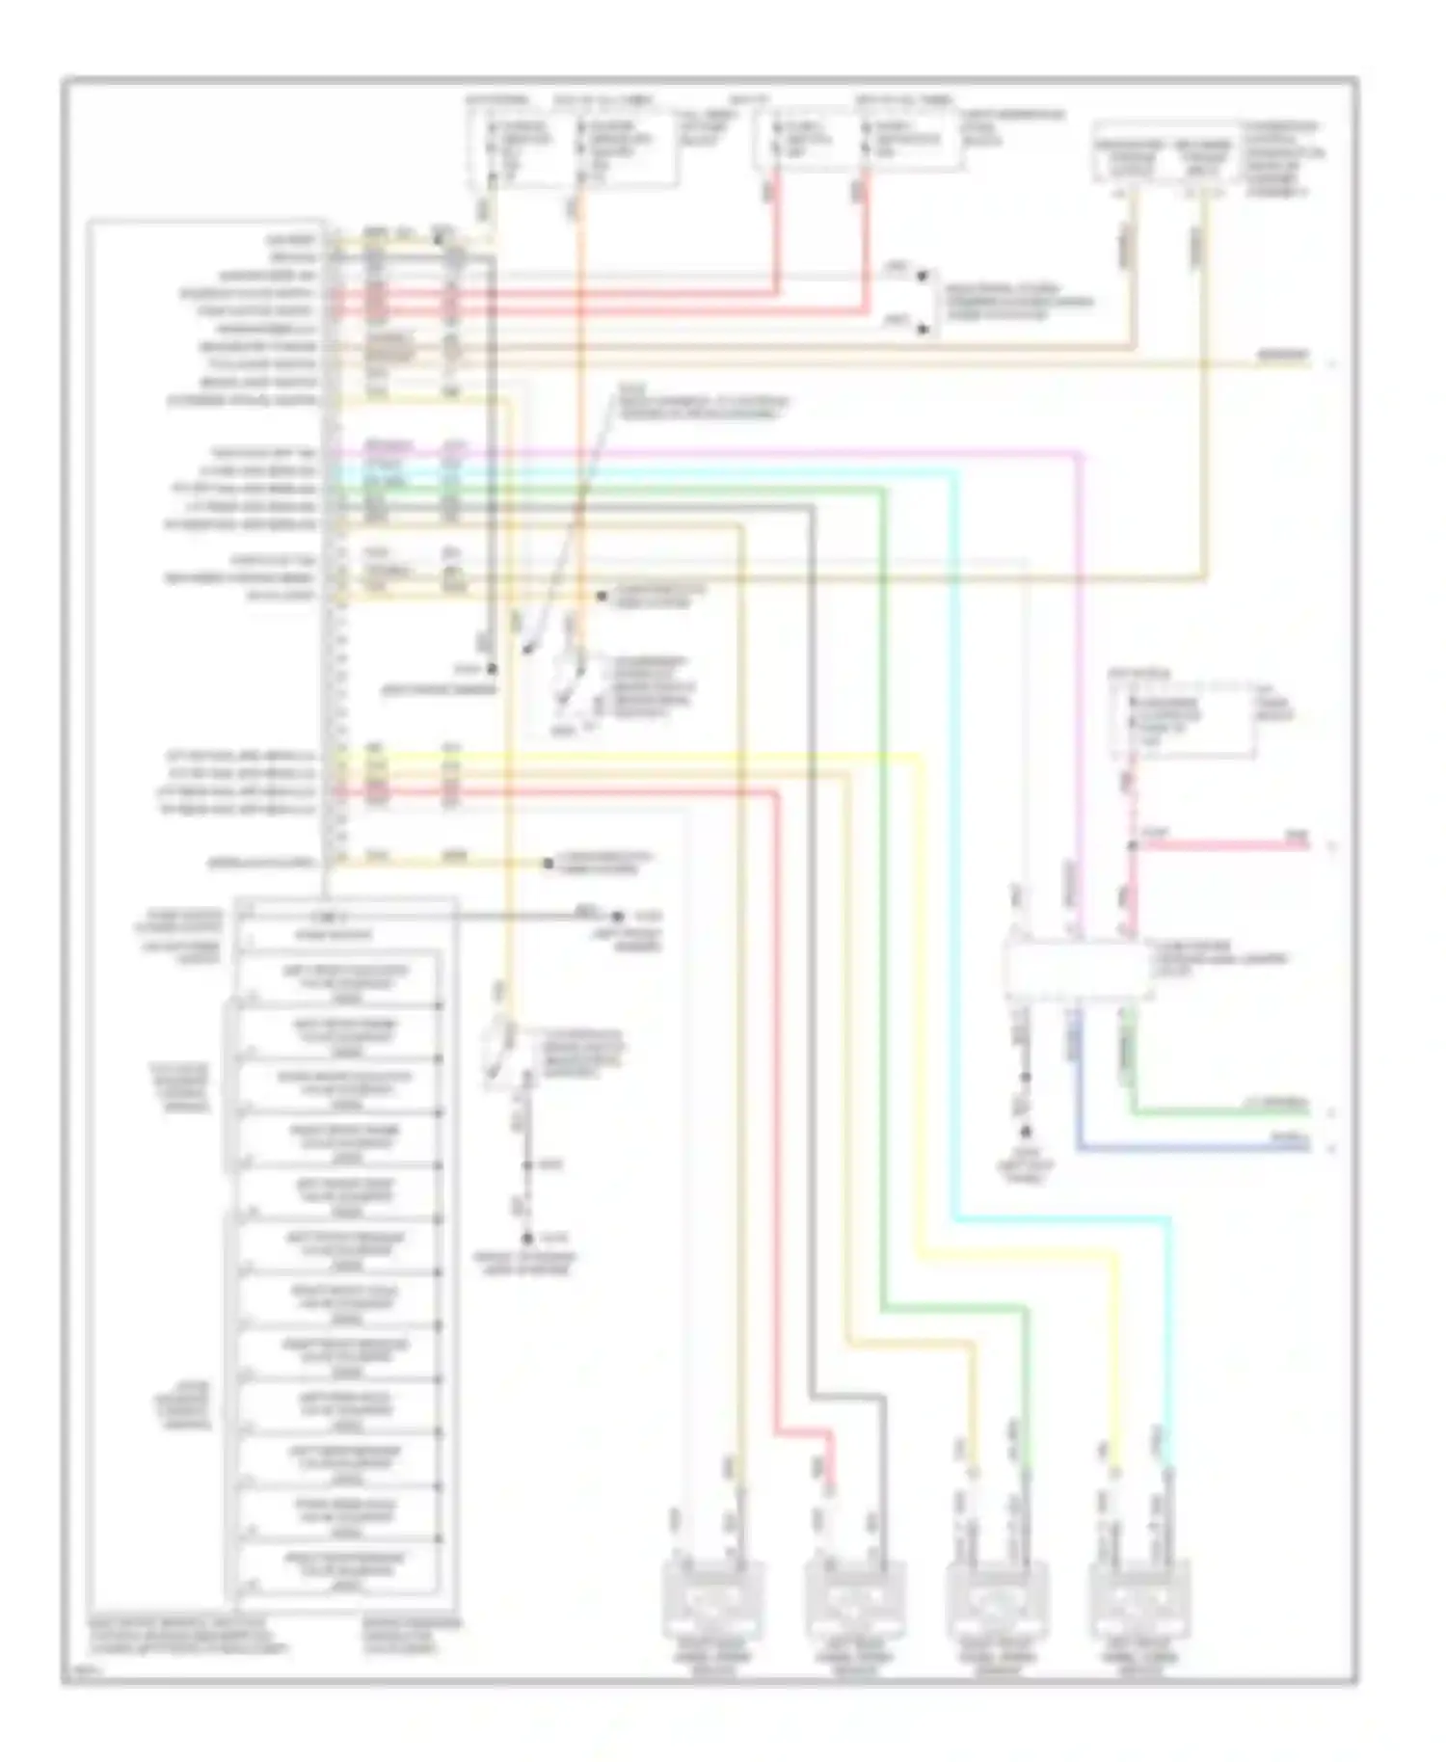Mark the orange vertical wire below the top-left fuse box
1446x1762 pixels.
tap(581, 386)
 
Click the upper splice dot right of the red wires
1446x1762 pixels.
tap(923, 277)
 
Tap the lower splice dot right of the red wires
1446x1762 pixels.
tap(923, 330)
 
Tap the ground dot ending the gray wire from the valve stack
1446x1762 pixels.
tap(618, 916)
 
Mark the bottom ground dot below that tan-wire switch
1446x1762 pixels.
tap(526, 1239)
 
